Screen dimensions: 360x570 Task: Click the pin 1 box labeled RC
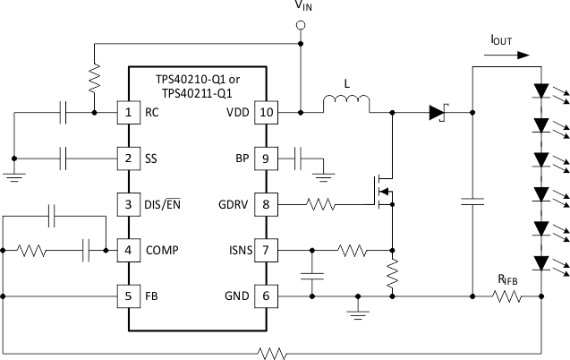(x=129, y=113)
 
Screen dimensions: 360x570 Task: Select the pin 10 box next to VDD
(x=266, y=113)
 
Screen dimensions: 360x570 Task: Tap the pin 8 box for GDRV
(x=266, y=203)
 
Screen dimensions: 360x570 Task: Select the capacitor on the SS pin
(x=64, y=159)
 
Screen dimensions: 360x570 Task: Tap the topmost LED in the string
(x=541, y=91)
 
